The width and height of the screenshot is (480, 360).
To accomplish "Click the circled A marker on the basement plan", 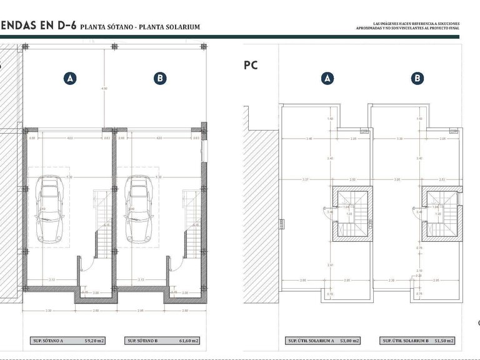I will point(70,78).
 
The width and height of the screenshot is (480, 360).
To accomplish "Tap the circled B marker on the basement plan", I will point(160,78).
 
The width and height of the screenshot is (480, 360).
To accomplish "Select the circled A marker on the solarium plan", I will point(327,78).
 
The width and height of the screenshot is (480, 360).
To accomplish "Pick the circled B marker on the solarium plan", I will point(417,78).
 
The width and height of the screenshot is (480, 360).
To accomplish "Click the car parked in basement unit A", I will point(50,209).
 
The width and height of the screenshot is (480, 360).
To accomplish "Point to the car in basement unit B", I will point(139,209).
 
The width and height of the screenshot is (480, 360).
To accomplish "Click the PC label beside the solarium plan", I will point(250,64).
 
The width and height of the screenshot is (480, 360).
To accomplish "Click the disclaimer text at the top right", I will point(407,26).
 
